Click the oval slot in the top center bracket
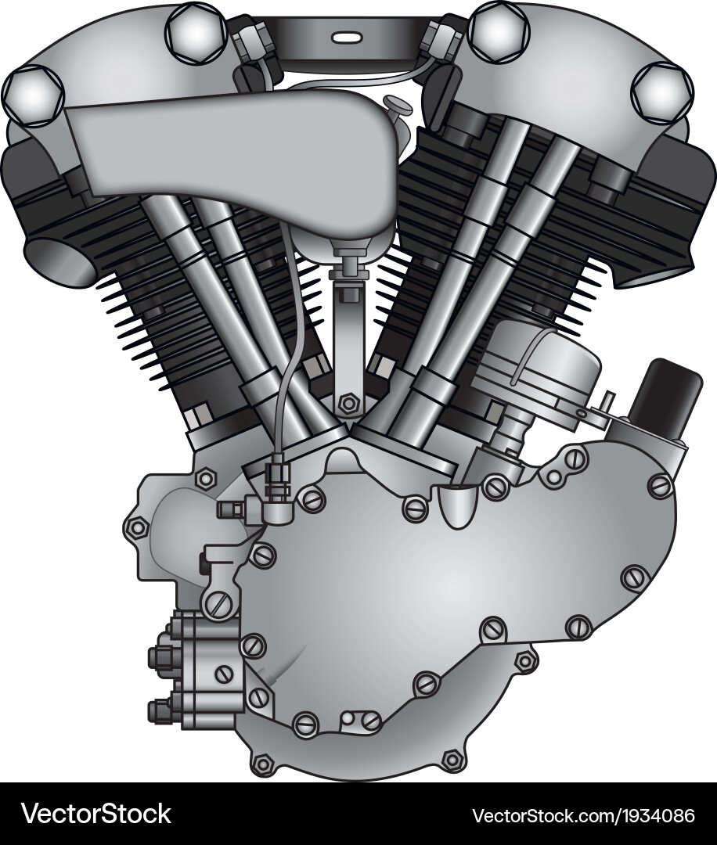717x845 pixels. (344, 37)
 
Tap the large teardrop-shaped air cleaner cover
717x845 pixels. (235, 156)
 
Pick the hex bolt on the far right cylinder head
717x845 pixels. (661, 92)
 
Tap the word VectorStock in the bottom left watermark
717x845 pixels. (95, 814)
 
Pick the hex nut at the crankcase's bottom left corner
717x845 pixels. (263, 764)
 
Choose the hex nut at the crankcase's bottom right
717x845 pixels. (452, 759)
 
